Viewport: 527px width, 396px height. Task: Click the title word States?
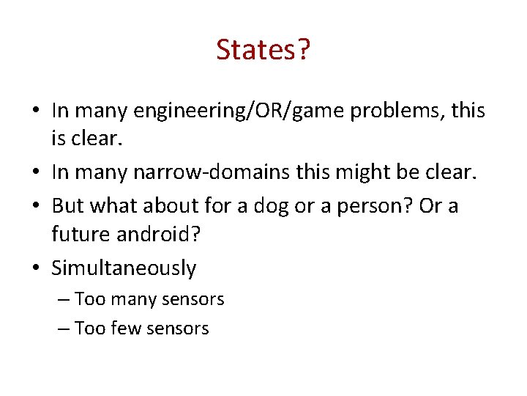tap(263, 50)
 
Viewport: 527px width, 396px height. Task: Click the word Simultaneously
tap(124, 268)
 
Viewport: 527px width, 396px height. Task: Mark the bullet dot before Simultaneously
tap(36, 269)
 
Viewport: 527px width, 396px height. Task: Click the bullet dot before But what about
tap(36, 206)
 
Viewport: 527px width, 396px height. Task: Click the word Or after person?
tap(430, 205)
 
